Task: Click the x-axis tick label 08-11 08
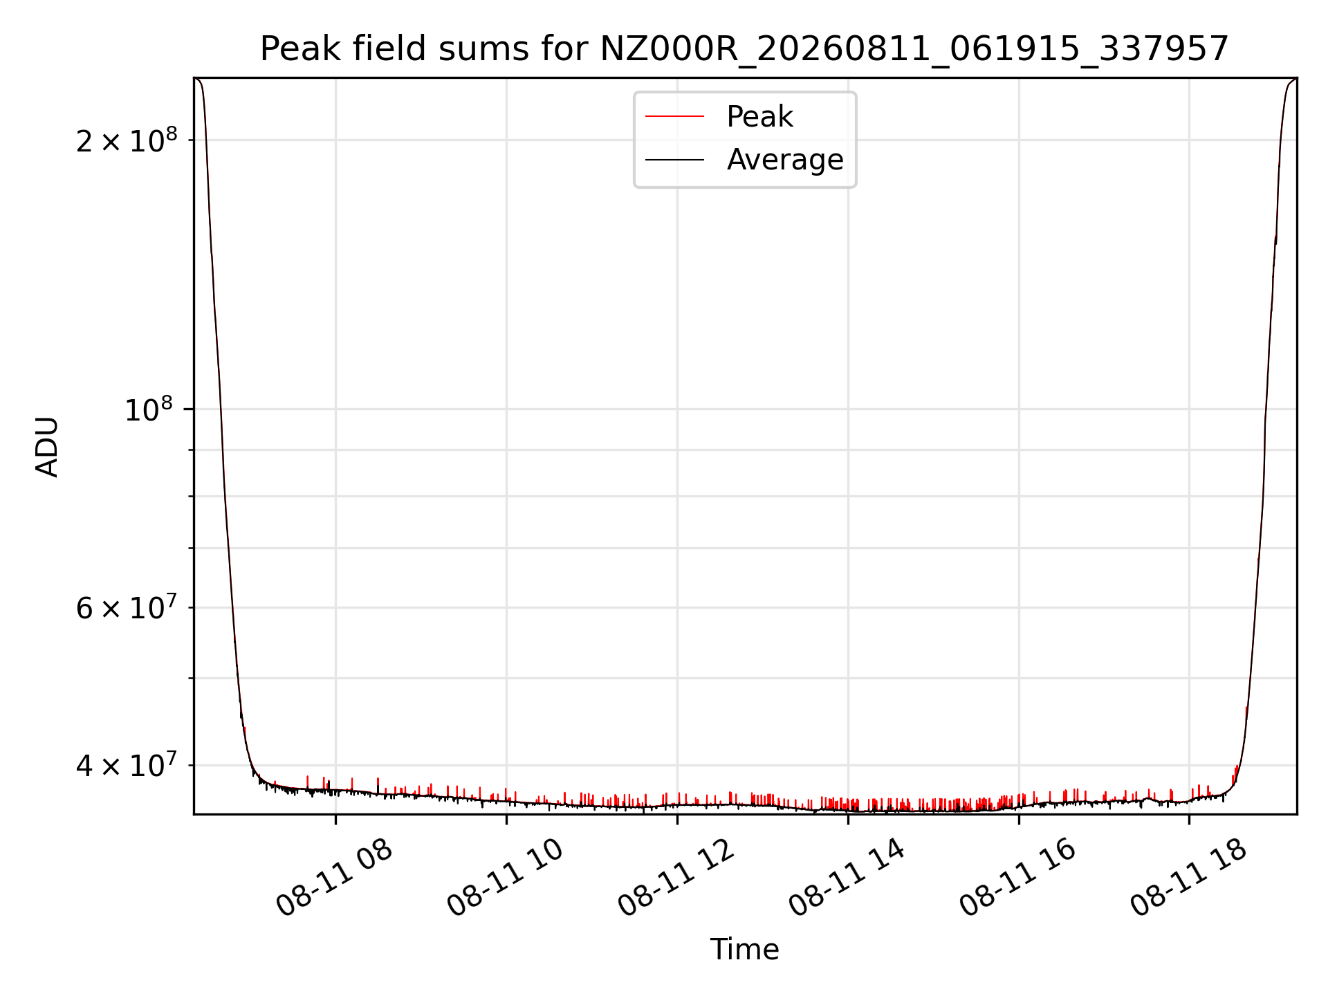coord(335,878)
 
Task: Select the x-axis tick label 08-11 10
coord(506,878)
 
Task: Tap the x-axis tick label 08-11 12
coord(676,878)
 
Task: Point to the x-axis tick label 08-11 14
coord(847,878)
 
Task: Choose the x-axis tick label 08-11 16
coord(1018,878)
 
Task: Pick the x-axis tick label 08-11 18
coord(1189,878)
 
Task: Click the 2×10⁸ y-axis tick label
coord(127,140)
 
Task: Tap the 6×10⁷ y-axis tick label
coord(127,608)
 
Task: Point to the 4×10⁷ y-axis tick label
coord(127,765)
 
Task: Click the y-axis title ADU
coord(47,447)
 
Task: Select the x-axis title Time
coord(745,950)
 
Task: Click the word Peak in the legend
coord(759,117)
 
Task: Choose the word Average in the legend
coord(785,160)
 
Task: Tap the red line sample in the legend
coord(675,117)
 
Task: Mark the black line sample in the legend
coord(675,160)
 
